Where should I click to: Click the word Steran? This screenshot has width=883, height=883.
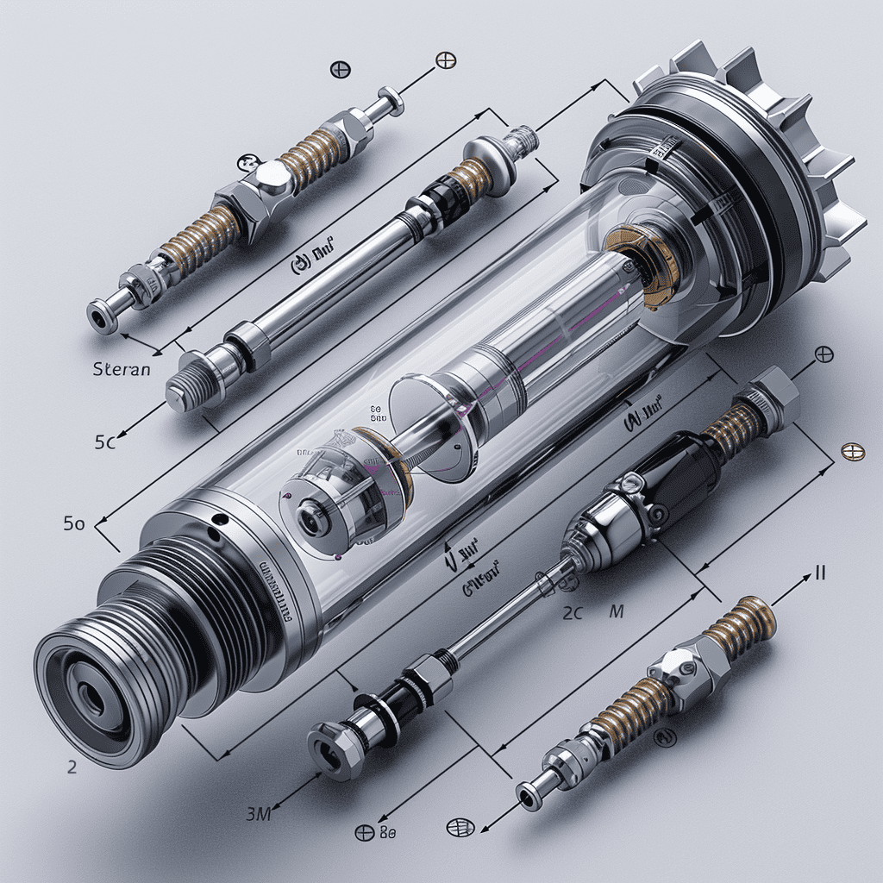point(121,369)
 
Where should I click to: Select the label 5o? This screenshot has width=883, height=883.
point(73,522)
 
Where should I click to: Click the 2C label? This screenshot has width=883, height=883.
point(573,613)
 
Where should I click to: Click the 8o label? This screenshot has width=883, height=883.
point(388,833)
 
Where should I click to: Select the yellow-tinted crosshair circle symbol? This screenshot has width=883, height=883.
point(851,451)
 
